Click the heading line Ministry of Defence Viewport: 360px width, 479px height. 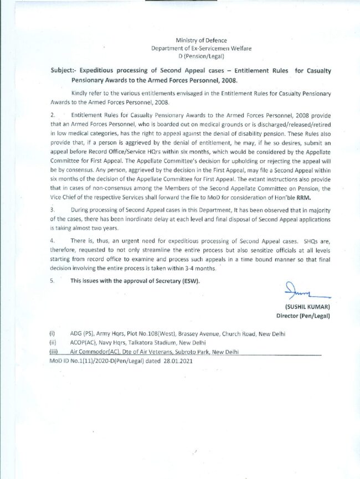pyautogui.click(x=201, y=40)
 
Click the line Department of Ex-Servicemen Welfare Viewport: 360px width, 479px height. pyautogui.click(x=201, y=48)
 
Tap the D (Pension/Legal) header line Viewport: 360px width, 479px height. pyautogui.click(x=201, y=56)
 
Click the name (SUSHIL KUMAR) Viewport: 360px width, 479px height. pyautogui.click(x=307, y=306)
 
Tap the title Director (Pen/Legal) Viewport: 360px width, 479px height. pyautogui.click(x=303, y=316)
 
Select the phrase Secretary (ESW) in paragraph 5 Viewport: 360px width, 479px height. pyautogui.click(x=177, y=281)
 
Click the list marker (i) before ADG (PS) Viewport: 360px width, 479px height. pyautogui.click(x=52, y=334)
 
